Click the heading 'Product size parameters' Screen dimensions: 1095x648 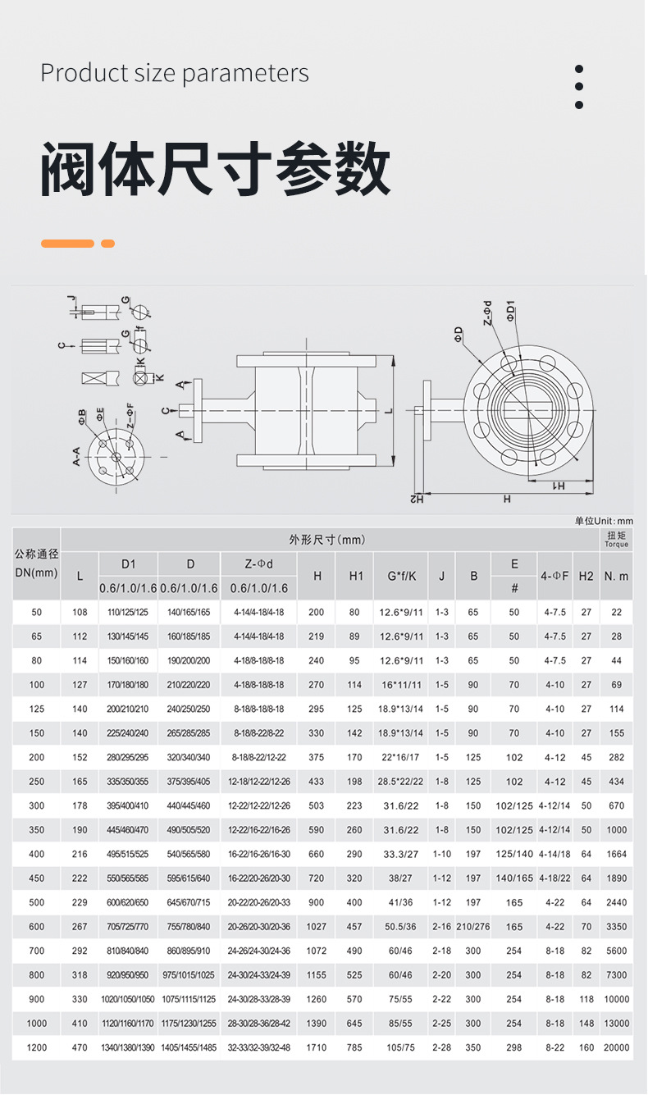point(175,73)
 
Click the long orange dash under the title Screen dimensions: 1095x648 point(67,244)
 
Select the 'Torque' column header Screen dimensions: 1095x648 point(616,539)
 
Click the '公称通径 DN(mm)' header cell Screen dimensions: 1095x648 point(36,563)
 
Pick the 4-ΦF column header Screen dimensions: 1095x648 point(554,576)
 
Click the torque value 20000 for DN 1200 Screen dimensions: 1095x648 point(616,1047)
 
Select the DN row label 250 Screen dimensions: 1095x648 point(36,782)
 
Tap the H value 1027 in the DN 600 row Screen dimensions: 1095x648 point(316,927)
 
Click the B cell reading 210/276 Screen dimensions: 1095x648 point(473,927)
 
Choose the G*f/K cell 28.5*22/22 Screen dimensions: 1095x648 point(400,782)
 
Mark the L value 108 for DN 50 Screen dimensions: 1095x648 point(80,613)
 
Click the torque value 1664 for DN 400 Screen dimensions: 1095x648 point(616,854)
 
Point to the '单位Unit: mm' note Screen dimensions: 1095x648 point(604,521)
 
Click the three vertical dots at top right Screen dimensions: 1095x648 point(579,87)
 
